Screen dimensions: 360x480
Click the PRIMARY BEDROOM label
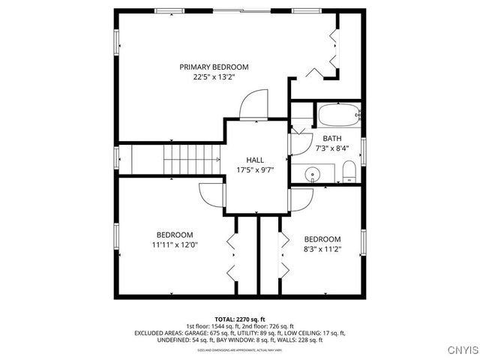[214, 67]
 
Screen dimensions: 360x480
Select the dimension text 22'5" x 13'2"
[214, 77]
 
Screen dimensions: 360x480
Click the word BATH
[331, 139]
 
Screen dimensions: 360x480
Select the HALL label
[255, 160]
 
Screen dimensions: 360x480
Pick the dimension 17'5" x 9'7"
[255, 170]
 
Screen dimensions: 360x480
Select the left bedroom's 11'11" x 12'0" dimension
[175, 244]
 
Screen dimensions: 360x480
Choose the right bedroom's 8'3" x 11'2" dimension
[322, 250]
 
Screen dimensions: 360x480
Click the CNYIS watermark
[459, 350]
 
